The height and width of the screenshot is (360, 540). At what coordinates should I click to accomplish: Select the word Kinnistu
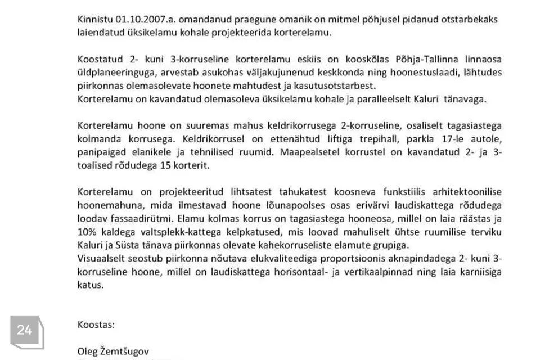pyautogui.click(x=94, y=19)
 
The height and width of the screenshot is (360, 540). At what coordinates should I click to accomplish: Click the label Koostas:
pyautogui.click(x=96, y=325)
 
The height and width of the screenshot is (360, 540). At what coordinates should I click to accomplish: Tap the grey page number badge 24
pyautogui.click(x=25, y=330)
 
